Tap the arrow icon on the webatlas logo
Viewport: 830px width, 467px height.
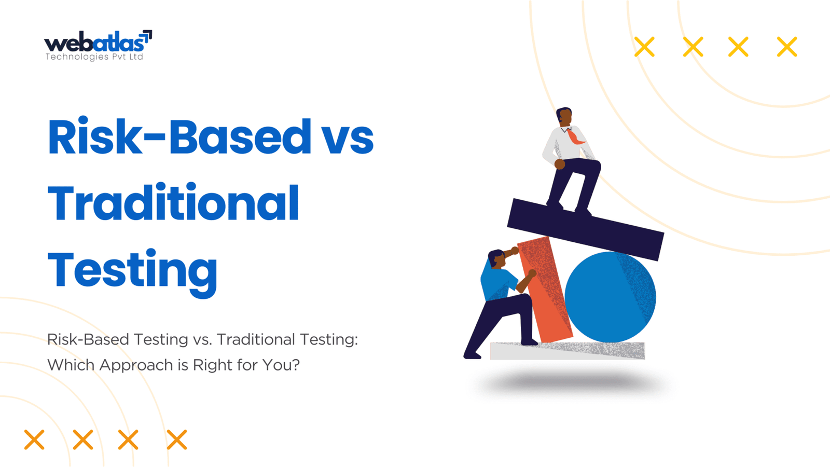pos(147,36)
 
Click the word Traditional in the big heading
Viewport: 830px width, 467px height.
pos(173,203)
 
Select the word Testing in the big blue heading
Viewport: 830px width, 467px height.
pos(132,272)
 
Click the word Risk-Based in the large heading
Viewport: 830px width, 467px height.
pos(179,136)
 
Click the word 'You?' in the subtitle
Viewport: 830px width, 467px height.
pos(281,365)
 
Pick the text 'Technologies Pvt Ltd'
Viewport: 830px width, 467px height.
pos(94,57)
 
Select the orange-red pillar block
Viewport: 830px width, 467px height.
pos(544,290)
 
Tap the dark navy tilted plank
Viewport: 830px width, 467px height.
pos(585,229)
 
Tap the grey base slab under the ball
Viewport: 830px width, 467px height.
pos(568,351)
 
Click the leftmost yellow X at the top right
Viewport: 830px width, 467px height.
pos(644,47)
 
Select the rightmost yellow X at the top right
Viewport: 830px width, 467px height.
pos(786,47)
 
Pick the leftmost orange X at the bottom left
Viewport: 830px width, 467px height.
pos(34,439)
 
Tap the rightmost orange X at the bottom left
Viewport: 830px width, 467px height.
pos(177,439)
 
